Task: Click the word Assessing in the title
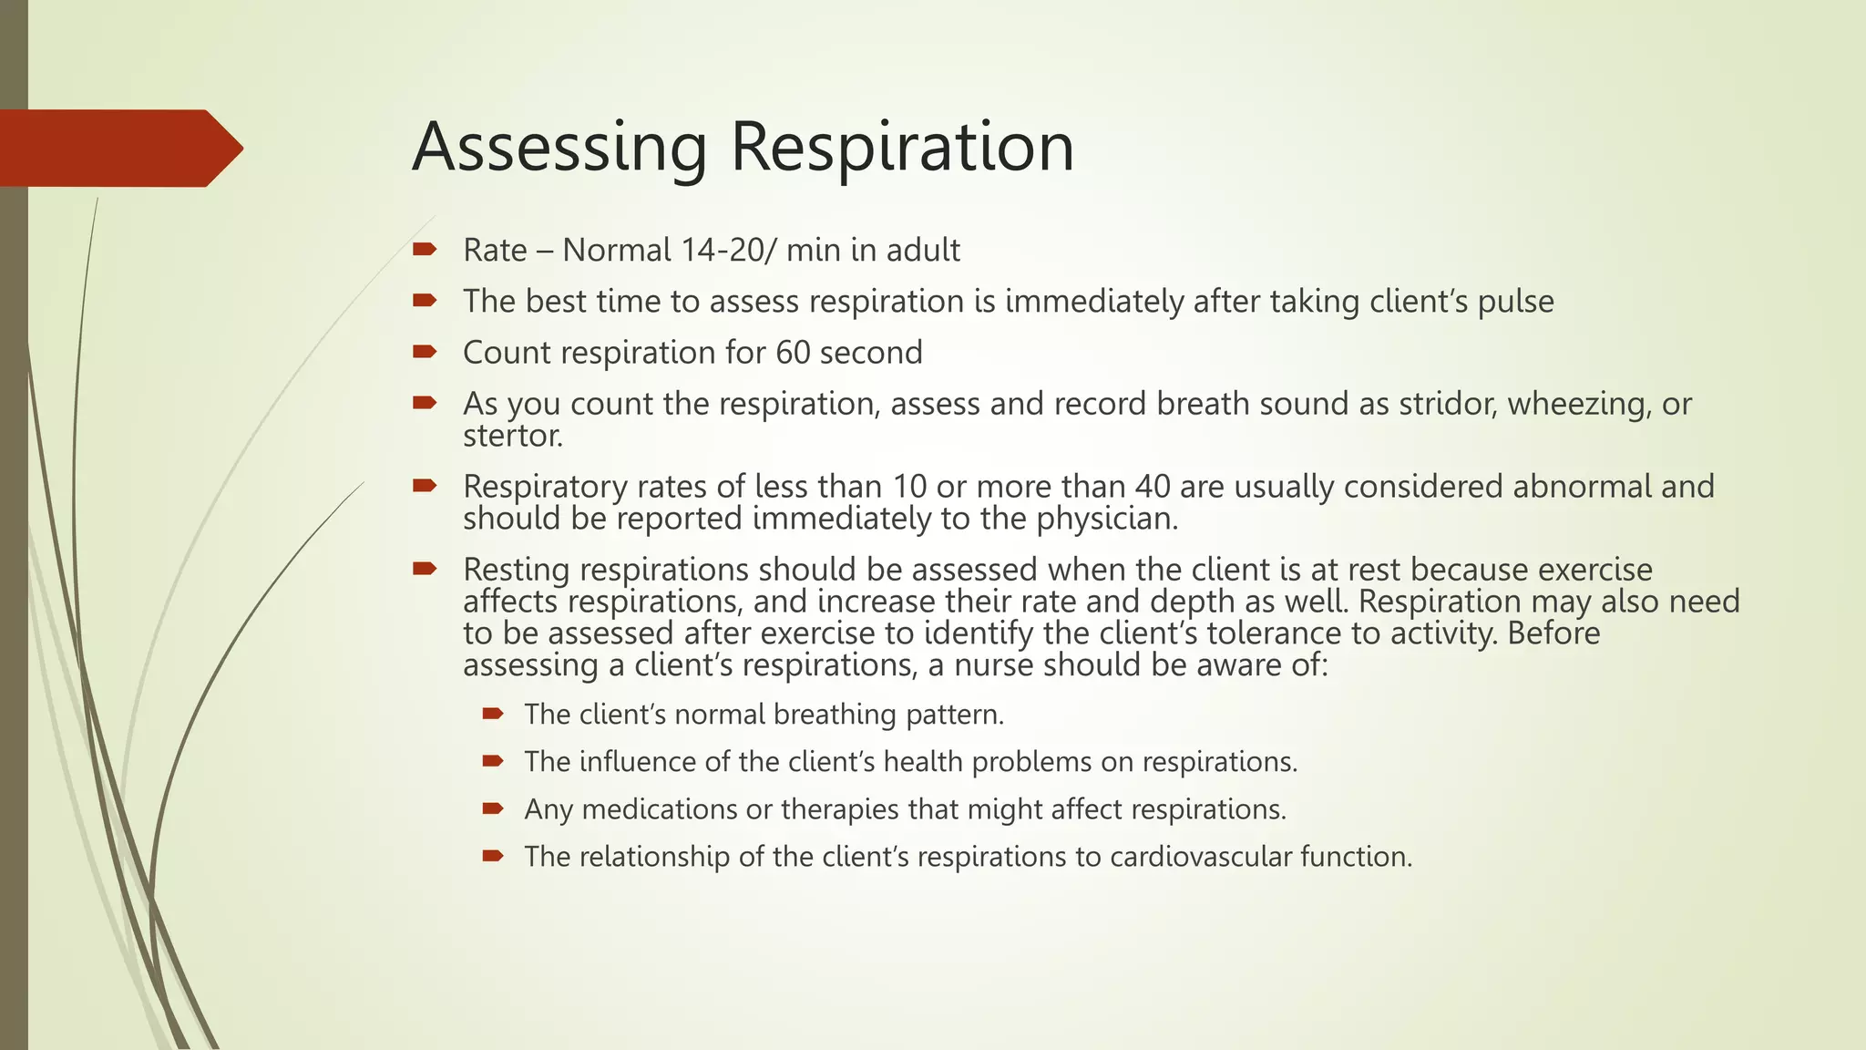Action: pos(559,148)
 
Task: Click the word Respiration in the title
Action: pos(902,148)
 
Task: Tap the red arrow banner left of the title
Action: pos(118,149)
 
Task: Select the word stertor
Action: pos(512,437)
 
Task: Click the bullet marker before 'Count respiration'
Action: pos(425,352)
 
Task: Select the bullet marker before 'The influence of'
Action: pos(493,760)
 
